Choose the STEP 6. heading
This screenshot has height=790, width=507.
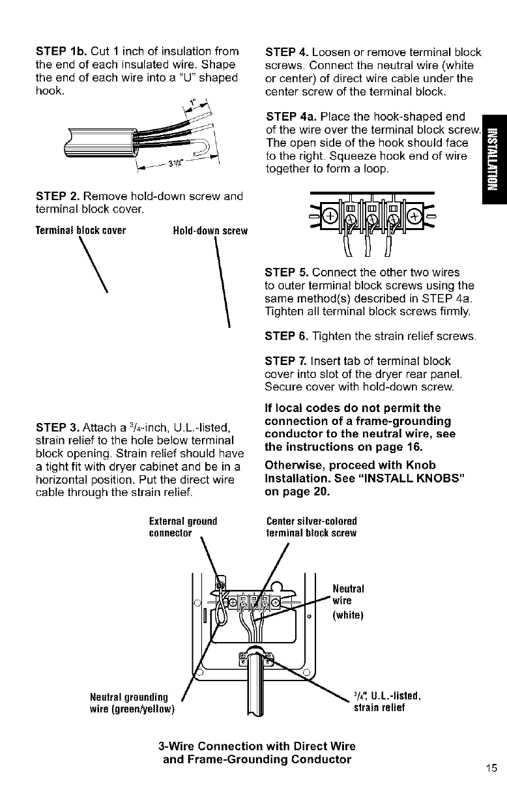(286, 336)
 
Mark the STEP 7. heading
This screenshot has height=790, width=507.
(286, 361)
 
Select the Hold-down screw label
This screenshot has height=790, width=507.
(207, 230)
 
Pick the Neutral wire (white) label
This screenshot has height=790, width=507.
(347, 599)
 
